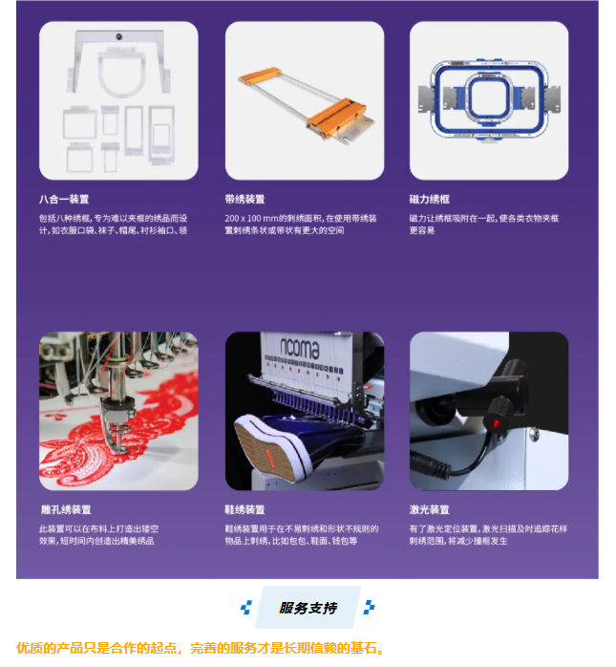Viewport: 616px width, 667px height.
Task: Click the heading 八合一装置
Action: coord(64,199)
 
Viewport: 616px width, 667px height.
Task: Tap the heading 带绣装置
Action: coord(244,199)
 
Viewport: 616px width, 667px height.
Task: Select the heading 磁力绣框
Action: coord(430,199)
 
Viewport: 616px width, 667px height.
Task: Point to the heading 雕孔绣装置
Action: coord(66,509)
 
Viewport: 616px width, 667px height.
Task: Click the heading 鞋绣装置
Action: coord(244,509)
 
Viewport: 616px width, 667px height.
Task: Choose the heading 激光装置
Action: coord(430,509)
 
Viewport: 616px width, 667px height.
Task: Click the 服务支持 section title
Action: coord(308,608)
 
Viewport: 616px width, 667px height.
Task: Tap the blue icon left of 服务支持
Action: coord(246,608)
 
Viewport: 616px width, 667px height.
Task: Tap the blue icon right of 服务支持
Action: coord(369,608)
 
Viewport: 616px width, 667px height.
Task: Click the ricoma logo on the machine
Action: coord(299,348)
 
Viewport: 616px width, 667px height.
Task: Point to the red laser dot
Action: coord(496,423)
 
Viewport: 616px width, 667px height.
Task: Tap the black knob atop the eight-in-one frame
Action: coord(119,37)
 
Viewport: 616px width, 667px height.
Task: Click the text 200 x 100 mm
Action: coord(251,219)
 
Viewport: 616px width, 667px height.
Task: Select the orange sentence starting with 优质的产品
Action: coord(201,648)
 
